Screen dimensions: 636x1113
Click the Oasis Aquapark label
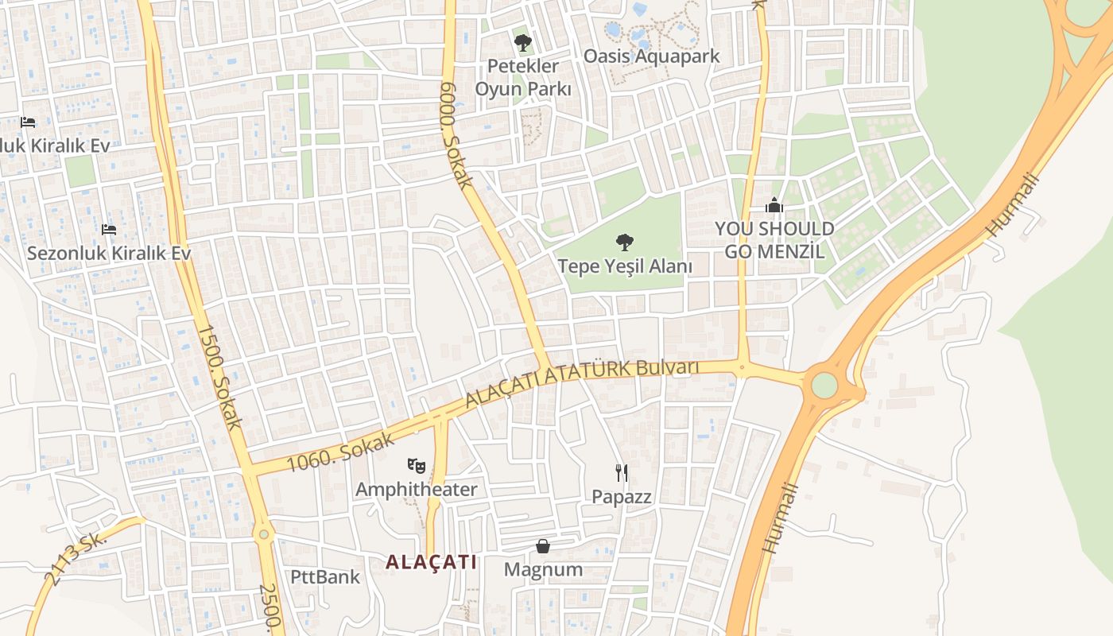point(651,56)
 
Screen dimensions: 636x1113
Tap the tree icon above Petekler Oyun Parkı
point(522,42)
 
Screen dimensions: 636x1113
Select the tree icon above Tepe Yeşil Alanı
point(625,242)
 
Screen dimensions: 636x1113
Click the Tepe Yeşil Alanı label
point(625,266)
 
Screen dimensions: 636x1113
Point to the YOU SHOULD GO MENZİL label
point(774,240)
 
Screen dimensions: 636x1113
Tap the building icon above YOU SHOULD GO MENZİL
point(774,206)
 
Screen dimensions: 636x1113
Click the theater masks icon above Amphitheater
point(416,465)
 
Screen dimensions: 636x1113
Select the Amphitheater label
point(416,489)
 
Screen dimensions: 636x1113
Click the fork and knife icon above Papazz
point(622,473)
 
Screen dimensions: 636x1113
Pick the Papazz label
point(622,497)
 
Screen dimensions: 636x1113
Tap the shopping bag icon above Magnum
point(543,546)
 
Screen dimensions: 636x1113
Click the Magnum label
point(543,569)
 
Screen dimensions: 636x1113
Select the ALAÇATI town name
point(432,562)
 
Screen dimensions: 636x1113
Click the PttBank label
point(324,576)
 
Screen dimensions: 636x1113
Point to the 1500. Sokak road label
point(219,377)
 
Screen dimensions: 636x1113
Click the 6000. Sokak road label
point(456,135)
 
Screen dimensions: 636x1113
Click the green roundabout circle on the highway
point(824,386)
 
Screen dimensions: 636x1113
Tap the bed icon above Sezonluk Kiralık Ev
point(109,230)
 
